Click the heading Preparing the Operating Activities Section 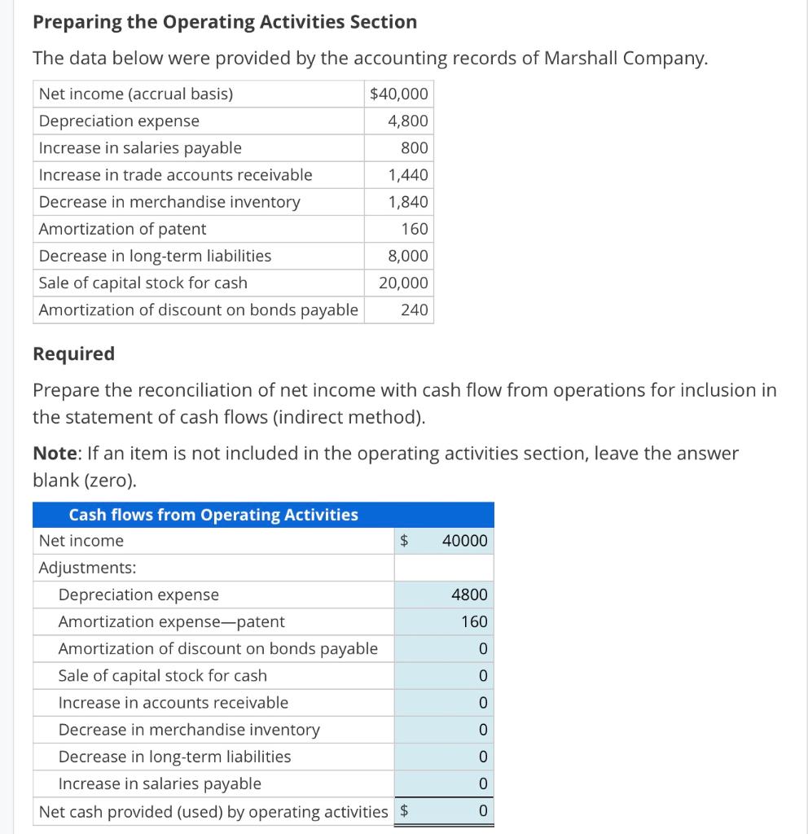[x=224, y=22]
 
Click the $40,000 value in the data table [x=398, y=94]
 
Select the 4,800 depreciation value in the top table [x=408, y=121]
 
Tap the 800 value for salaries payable [x=415, y=148]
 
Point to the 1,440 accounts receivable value [x=408, y=175]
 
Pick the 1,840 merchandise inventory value [x=408, y=202]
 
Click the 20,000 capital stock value [x=403, y=283]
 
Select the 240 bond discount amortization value [x=415, y=309]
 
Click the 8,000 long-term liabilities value [x=408, y=256]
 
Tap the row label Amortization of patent [x=123, y=229]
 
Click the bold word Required [x=73, y=353]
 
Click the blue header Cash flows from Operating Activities [x=213, y=515]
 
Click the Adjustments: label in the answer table [x=88, y=568]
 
